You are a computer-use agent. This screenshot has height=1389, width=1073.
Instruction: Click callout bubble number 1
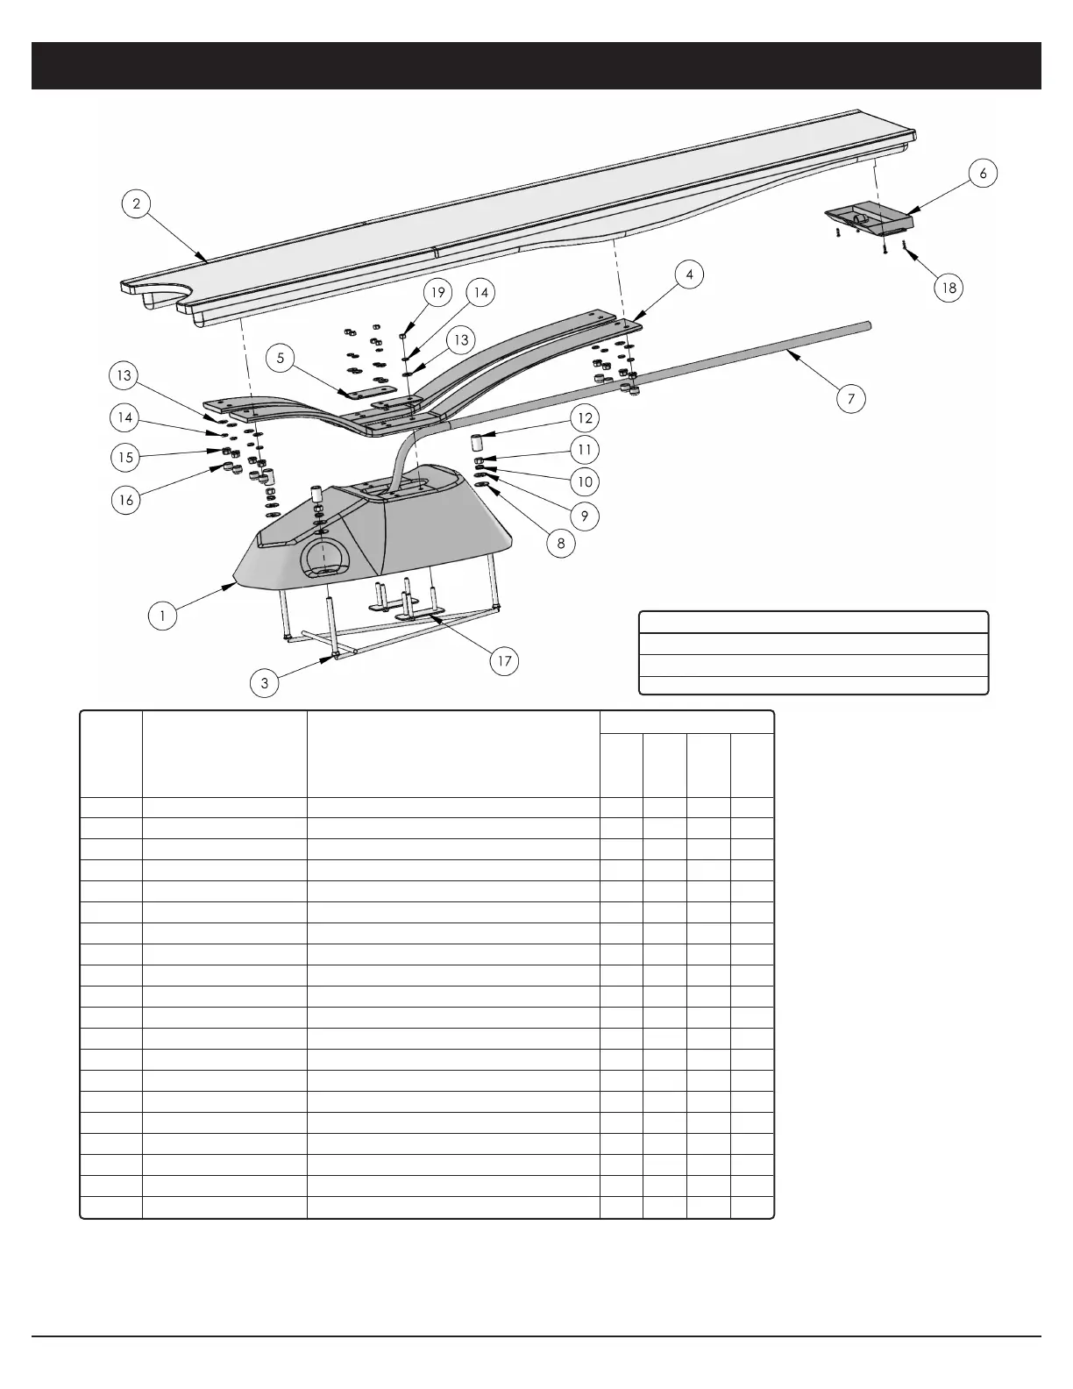162,616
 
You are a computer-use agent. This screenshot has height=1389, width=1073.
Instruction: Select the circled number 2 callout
136,204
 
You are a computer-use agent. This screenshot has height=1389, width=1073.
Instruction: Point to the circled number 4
690,274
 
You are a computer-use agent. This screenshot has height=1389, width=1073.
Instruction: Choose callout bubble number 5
281,358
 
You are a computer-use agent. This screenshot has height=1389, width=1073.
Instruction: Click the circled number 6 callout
983,174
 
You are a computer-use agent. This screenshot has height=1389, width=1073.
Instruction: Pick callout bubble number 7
850,399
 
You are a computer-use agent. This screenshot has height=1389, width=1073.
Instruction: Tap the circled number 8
561,543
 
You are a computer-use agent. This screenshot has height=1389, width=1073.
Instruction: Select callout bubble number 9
585,516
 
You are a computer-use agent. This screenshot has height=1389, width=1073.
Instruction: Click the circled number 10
585,481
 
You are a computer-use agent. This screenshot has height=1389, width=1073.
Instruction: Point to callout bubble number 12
585,417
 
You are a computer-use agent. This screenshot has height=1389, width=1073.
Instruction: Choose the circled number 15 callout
126,457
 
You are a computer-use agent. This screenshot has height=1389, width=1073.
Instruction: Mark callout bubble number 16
126,500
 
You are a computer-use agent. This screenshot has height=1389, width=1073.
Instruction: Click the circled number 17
504,660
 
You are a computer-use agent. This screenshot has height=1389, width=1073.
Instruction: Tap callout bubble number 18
949,288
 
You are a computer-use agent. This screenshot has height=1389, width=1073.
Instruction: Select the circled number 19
437,292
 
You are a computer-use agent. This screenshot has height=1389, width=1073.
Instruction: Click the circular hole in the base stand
324,559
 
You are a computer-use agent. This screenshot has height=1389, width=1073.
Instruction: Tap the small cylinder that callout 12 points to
478,440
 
